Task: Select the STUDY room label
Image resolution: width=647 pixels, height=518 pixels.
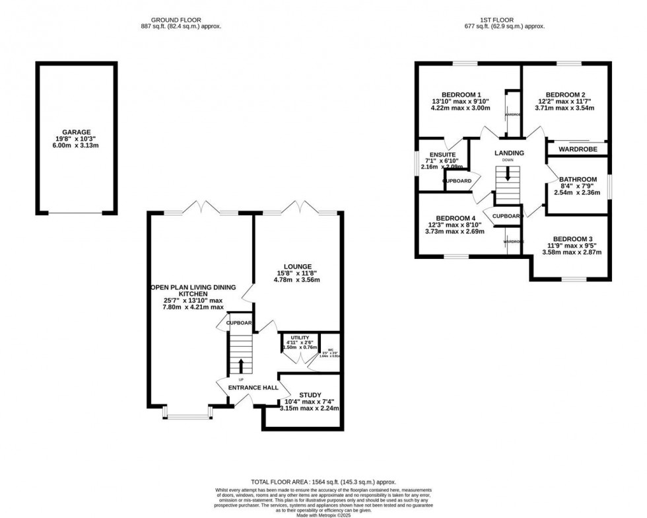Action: point(310,394)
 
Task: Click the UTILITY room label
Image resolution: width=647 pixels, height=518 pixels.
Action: point(296,336)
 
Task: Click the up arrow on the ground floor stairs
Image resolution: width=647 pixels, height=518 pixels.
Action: point(241,365)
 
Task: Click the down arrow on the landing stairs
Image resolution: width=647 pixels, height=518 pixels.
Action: point(507,174)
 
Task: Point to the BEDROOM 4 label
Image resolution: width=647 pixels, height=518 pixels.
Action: point(456,219)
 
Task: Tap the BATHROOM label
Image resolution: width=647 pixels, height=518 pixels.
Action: point(578,180)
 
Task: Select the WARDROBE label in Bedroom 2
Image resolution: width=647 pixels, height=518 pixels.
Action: point(577,149)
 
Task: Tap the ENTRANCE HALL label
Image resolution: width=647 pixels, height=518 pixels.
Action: point(253,387)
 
